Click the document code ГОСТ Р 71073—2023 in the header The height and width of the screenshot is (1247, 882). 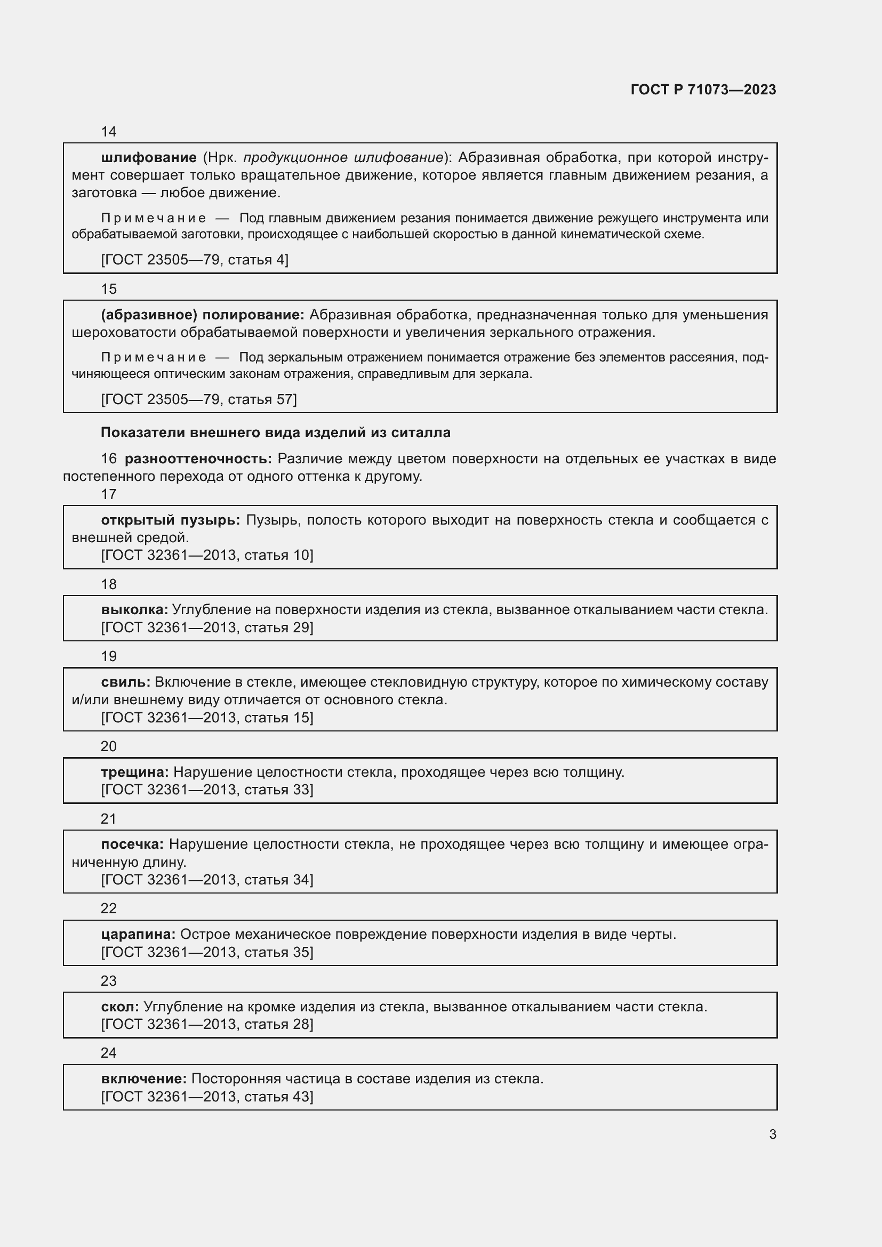click(703, 90)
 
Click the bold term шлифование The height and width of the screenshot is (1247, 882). click(149, 158)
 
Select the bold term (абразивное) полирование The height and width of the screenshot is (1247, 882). click(203, 315)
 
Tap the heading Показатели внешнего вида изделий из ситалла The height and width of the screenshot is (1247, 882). click(275, 433)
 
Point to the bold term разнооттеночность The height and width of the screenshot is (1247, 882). click(198, 459)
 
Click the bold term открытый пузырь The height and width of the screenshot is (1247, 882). click(171, 520)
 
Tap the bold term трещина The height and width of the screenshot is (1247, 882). click(135, 773)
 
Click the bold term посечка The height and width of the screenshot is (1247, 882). click(132, 844)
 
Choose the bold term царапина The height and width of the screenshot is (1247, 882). click(138, 935)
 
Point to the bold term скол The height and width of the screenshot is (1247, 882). click(120, 1007)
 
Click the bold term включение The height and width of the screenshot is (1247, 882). click(144, 1079)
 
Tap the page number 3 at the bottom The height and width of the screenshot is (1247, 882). click(773, 1135)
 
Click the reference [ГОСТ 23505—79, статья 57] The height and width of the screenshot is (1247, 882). click(199, 400)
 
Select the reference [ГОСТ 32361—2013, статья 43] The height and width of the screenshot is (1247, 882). click(207, 1097)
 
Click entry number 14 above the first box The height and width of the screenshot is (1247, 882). click(109, 132)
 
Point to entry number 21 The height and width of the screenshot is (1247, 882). click(109, 819)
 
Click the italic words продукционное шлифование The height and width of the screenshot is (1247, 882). click(343, 158)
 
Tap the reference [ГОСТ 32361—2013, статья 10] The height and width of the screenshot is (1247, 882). click(207, 555)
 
